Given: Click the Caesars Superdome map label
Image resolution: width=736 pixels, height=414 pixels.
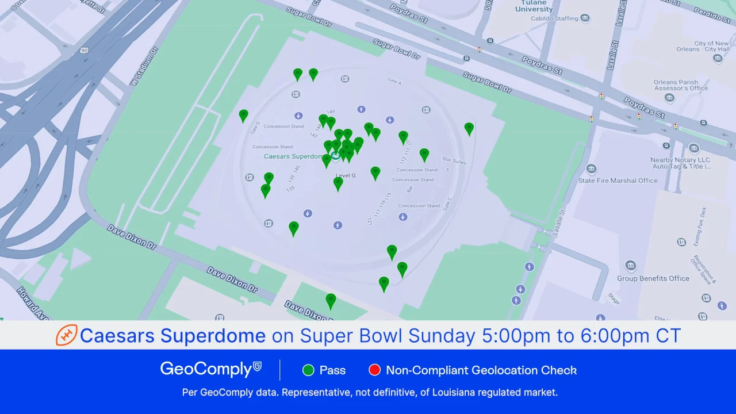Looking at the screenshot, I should [x=293, y=156].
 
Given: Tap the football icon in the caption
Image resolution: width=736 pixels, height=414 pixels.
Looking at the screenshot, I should [x=66, y=335].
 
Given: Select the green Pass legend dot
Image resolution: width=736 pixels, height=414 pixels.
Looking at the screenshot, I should [x=308, y=370].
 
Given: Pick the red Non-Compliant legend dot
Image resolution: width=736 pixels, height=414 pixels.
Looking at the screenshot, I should [x=374, y=370].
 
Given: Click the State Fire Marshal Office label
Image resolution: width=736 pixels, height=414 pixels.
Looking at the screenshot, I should [x=618, y=181].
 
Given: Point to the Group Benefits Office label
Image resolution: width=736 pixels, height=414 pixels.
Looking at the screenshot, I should [x=653, y=279].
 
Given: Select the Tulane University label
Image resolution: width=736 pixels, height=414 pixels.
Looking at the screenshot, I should [x=534, y=6].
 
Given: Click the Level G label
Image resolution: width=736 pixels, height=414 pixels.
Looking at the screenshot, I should [x=346, y=175].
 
